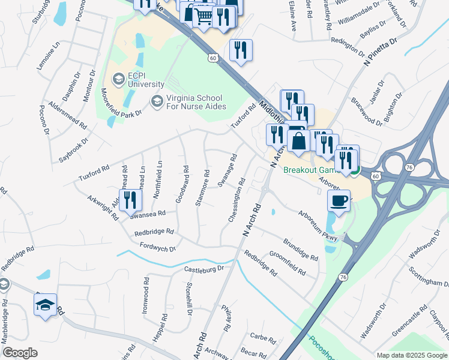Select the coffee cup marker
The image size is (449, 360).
tap(339, 200)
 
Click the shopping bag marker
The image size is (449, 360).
tap(298, 141)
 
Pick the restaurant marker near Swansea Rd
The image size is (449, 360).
tap(130, 200)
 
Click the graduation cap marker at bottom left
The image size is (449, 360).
tap(46, 305)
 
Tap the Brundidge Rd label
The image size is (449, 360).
tap(300, 250)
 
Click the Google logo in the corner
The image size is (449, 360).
tap(20, 353)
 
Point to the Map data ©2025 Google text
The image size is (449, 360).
tap(411, 355)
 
